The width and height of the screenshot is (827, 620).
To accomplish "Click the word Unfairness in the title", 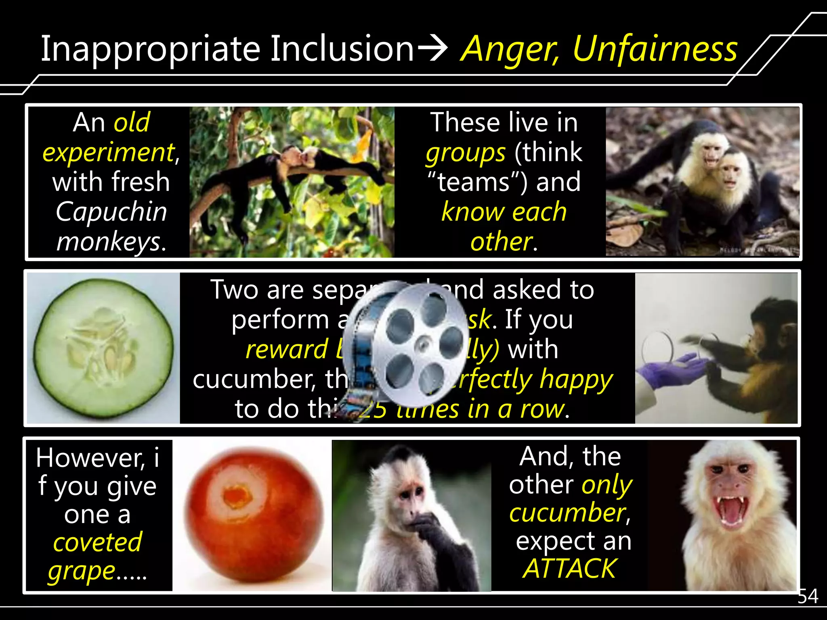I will coord(655,49).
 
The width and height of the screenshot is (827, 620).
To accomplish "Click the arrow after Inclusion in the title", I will coord(432,49).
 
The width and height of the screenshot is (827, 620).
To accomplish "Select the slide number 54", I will coord(808,596).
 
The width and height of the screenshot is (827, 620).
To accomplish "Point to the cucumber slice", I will coord(103,348).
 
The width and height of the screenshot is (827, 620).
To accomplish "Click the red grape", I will coord(254,514).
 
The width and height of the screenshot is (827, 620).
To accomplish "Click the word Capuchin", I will coord(111,212).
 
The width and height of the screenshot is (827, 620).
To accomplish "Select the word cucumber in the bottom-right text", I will coord(567,513).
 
